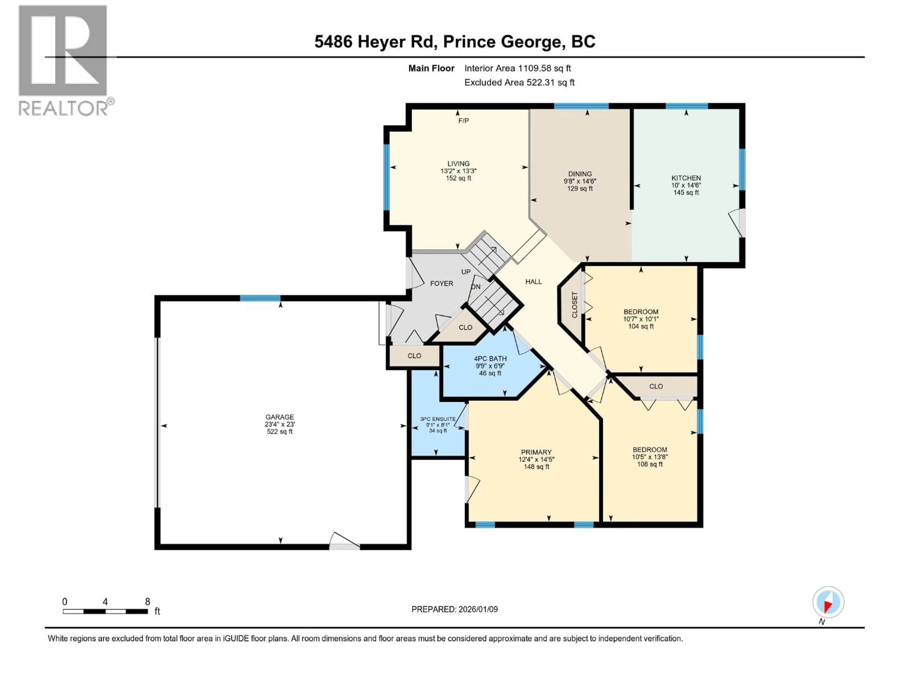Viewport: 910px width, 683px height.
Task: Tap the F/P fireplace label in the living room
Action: tap(463, 121)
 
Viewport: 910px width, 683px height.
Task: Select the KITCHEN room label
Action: tap(686, 178)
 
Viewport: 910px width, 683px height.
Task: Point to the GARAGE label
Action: tap(279, 417)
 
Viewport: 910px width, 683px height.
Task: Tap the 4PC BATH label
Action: tap(490, 359)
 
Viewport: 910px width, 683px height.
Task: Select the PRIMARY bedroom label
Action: tap(536, 452)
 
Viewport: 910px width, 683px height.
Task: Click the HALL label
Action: tap(534, 282)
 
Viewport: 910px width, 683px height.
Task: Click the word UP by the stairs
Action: tap(466, 272)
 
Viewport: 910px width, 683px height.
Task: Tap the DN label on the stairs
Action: tap(476, 286)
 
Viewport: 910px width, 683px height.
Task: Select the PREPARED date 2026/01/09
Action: tap(454, 609)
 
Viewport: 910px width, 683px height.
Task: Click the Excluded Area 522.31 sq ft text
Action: tap(519, 82)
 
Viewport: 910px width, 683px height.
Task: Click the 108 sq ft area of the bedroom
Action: tap(650, 464)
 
